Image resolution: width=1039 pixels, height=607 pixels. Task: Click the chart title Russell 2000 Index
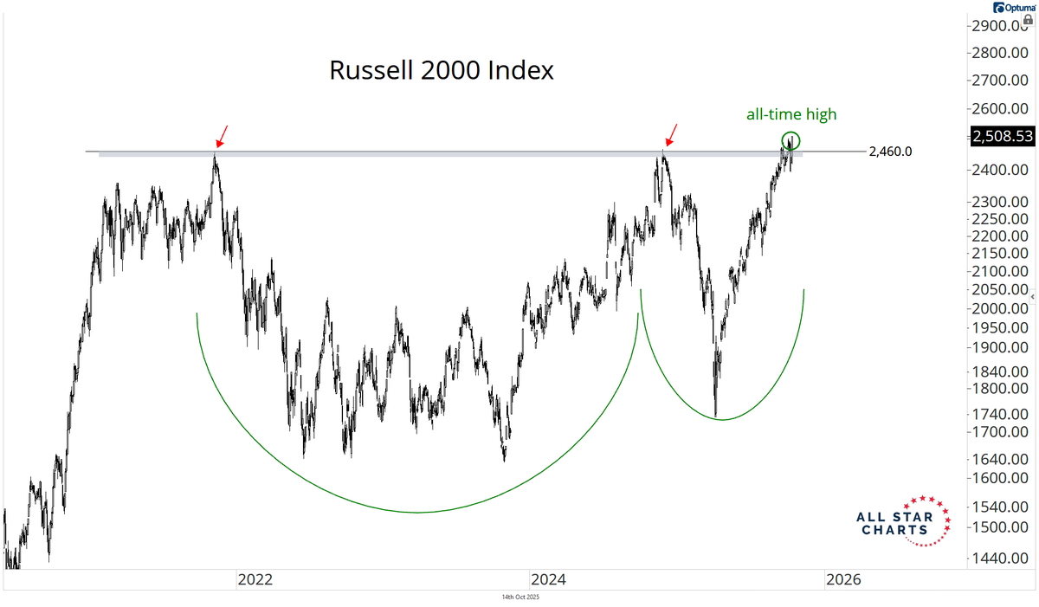[441, 70]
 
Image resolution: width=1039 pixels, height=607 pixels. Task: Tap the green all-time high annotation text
[791, 113]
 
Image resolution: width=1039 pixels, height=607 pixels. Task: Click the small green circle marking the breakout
[791, 139]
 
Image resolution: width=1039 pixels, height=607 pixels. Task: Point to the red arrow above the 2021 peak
[221, 135]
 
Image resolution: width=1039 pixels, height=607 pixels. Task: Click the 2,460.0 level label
[890, 152]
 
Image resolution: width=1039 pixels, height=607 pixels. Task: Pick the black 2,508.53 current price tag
[1002, 136]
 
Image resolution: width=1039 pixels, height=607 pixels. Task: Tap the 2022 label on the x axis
[255, 579]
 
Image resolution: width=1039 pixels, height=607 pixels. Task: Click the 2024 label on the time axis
[547, 579]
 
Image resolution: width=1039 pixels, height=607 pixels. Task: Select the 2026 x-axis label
[842, 579]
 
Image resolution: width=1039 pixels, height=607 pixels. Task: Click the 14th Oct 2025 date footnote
[520, 597]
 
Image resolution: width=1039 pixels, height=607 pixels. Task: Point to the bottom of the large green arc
[418, 513]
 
